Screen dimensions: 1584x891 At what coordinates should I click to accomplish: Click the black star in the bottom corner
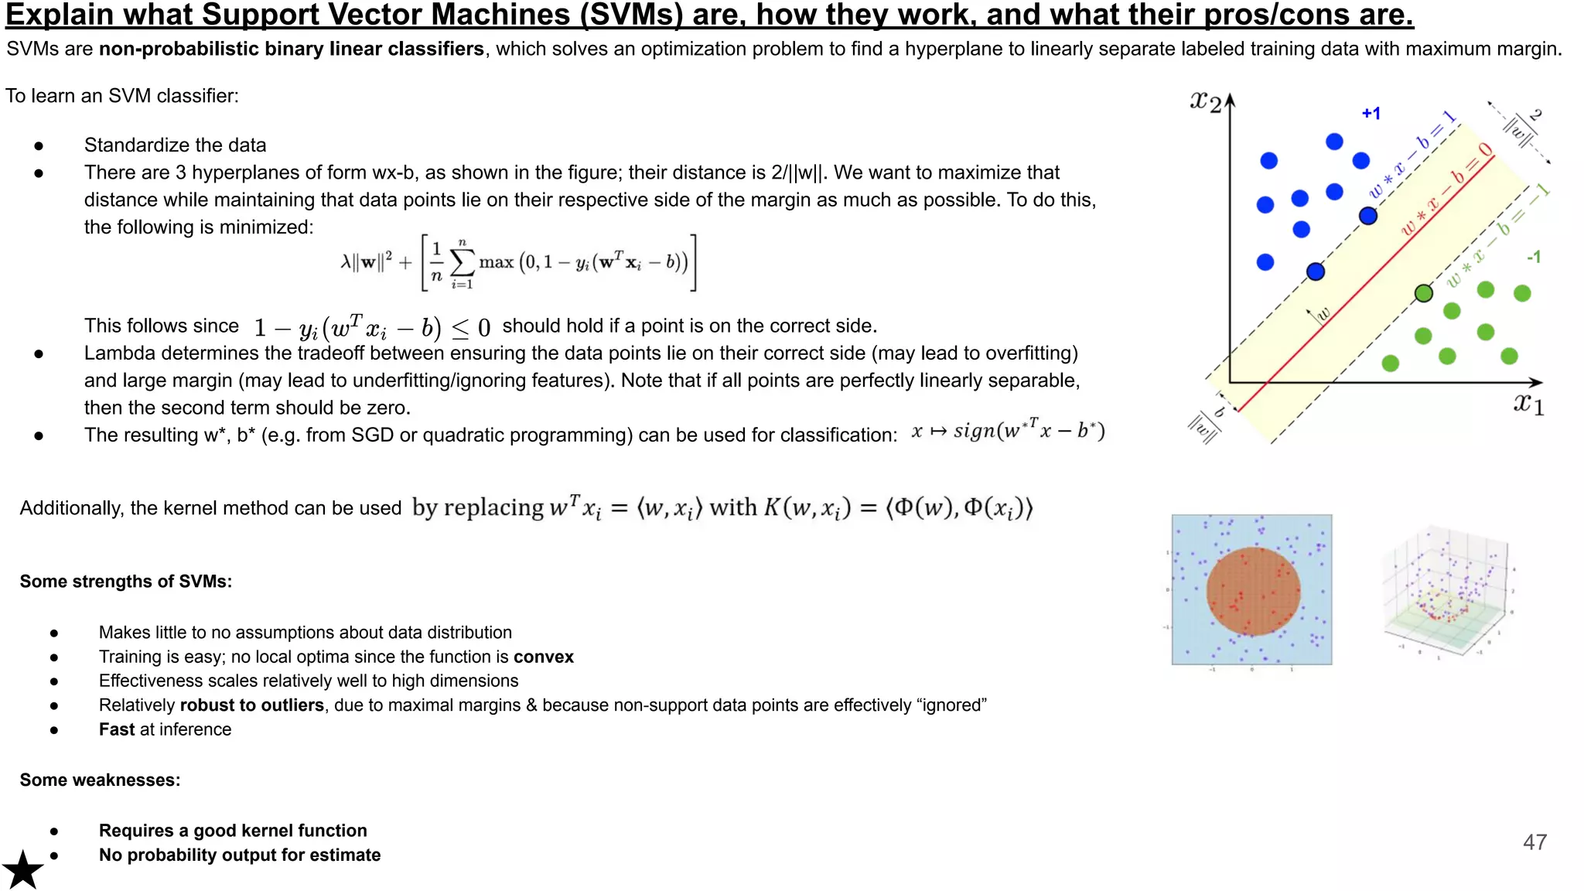click(x=23, y=870)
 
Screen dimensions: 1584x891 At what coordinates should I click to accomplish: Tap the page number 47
click(x=1534, y=842)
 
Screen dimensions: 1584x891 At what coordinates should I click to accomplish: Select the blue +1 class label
click(x=1371, y=114)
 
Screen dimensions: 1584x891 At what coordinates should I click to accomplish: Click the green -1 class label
click(x=1533, y=257)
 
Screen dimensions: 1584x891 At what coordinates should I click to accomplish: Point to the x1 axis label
click(x=1528, y=404)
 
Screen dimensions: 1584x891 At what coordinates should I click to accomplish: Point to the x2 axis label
click(x=1206, y=101)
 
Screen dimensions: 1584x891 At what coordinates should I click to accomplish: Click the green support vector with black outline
click(x=1423, y=293)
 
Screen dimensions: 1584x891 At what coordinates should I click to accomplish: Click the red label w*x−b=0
click(x=1446, y=189)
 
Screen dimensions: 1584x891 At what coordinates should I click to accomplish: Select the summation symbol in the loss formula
click(x=462, y=263)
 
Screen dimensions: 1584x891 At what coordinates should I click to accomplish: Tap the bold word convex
click(x=544, y=657)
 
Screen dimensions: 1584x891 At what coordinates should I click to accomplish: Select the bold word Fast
click(x=117, y=729)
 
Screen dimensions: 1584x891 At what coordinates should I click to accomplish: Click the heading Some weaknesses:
click(x=100, y=780)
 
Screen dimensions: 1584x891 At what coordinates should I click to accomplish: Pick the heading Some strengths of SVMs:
click(x=126, y=582)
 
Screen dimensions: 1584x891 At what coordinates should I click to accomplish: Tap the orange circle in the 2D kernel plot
click(x=1253, y=592)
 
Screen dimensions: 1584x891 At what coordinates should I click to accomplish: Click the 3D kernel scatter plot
click(x=1446, y=592)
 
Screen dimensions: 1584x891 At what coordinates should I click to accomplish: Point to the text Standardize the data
click(x=175, y=145)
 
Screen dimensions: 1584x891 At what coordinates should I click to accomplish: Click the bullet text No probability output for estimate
click(x=240, y=855)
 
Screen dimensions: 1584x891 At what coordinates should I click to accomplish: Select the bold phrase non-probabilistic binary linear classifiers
click(x=292, y=49)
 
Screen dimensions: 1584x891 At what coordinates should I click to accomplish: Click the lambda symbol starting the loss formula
click(x=346, y=262)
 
